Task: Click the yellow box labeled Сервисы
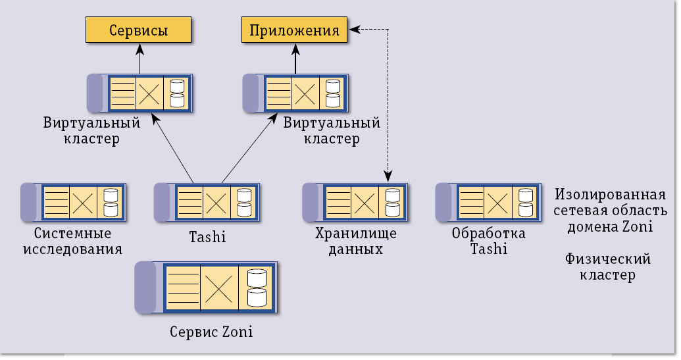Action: (x=138, y=30)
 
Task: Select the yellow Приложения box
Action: (x=295, y=30)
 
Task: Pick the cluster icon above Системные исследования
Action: (x=74, y=201)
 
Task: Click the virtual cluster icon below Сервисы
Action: (x=139, y=93)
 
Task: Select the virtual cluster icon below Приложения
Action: (x=295, y=93)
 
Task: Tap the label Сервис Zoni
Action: (x=211, y=332)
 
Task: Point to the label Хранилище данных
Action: (x=349, y=242)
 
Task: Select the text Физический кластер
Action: (x=607, y=267)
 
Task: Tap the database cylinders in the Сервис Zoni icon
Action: (x=257, y=288)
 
